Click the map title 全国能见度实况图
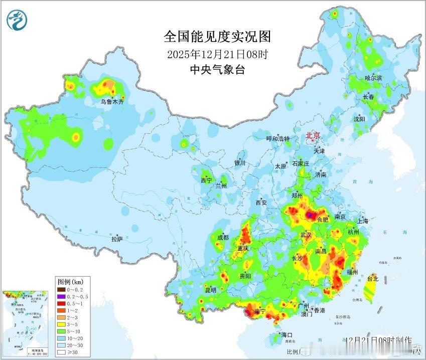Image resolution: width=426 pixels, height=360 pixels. click(x=217, y=37)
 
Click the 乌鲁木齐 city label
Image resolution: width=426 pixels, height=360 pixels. click(x=111, y=101)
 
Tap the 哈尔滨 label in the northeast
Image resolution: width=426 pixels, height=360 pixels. click(x=373, y=78)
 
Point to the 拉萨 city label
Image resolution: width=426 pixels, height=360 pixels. click(x=117, y=239)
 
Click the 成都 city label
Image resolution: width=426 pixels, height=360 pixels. click(x=223, y=237)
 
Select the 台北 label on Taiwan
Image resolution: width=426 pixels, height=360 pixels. click(x=373, y=278)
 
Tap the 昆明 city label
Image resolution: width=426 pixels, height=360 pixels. click(x=210, y=290)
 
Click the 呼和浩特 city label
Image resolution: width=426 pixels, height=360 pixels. click(x=277, y=138)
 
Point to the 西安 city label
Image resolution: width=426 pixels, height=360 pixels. click(x=261, y=203)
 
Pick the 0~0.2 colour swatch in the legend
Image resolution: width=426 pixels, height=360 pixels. click(x=61, y=289)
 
